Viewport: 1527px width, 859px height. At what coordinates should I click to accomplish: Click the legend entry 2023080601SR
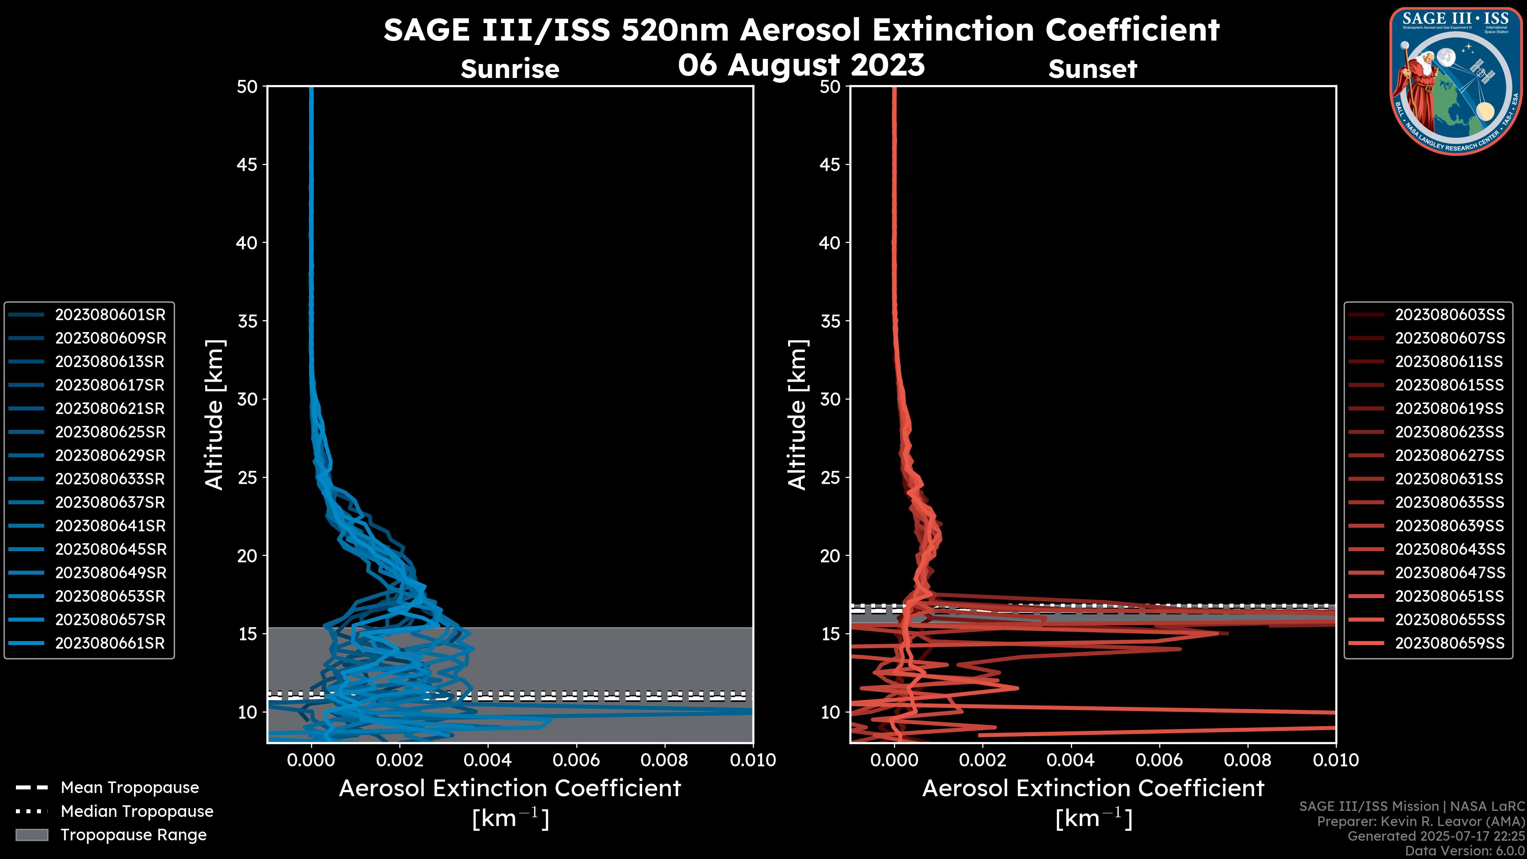coord(110,315)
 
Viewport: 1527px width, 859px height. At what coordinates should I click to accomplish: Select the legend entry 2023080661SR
coord(110,643)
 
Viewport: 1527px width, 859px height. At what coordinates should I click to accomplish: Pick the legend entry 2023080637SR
coord(110,503)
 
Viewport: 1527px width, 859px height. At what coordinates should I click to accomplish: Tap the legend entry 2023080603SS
coord(1449,315)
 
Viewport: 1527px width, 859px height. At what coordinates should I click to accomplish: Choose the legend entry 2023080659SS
coord(1449,643)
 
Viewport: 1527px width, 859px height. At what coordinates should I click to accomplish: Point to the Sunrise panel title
coord(510,69)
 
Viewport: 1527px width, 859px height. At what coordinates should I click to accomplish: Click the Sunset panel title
coord(1092,69)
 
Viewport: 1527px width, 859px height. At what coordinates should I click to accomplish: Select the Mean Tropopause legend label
coord(130,787)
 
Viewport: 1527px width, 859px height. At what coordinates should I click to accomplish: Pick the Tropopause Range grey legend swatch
coord(31,835)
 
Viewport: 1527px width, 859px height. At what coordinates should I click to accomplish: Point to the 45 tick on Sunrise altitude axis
coord(247,164)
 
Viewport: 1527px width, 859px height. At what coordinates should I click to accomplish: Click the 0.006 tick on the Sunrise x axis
coord(576,760)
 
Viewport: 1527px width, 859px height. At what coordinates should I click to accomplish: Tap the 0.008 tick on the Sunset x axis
coord(1248,760)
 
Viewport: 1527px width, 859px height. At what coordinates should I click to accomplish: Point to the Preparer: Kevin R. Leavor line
coord(1420,822)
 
